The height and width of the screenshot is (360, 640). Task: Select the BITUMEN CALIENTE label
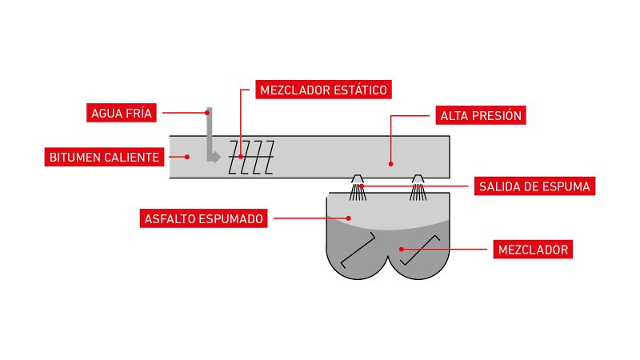pyautogui.click(x=104, y=157)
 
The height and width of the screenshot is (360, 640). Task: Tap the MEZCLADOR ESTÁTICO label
pyautogui.click(x=323, y=90)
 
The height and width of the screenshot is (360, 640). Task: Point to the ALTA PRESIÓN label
pyautogui.click(x=480, y=115)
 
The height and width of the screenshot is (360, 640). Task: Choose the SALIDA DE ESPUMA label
pyautogui.click(x=534, y=186)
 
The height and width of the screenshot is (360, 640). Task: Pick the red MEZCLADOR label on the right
pyautogui.click(x=531, y=250)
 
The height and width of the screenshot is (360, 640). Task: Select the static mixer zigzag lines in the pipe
pyautogui.click(x=251, y=158)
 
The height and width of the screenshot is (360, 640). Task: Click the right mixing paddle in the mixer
pyautogui.click(x=421, y=250)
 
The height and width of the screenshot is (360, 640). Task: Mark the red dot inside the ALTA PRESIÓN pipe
pyautogui.click(x=391, y=163)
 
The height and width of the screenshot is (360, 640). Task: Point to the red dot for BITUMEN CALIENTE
pyautogui.click(x=187, y=157)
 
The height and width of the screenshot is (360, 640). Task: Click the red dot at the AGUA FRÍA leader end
pyautogui.click(x=206, y=113)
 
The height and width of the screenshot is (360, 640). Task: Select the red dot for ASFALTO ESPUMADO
pyautogui.click(x=350, y=217)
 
